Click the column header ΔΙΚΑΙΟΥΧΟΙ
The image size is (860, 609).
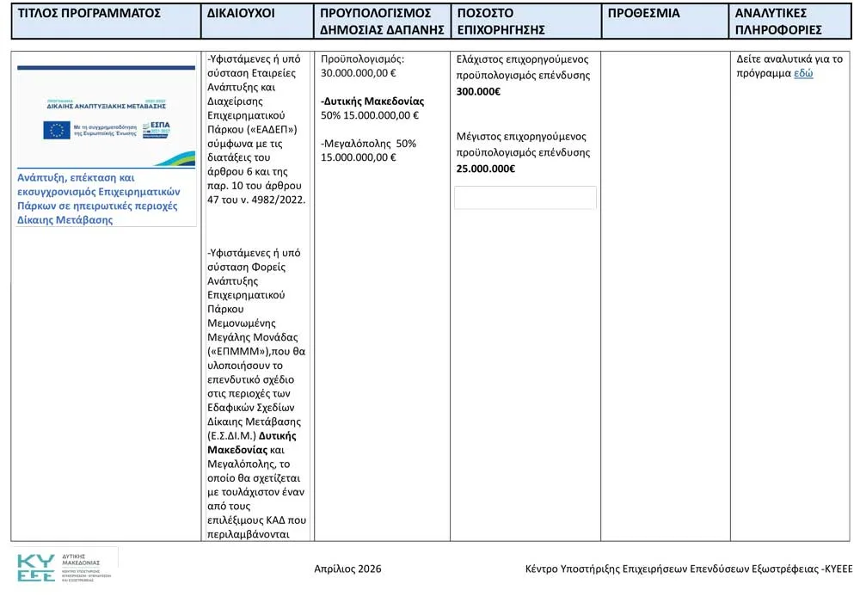[241, 14]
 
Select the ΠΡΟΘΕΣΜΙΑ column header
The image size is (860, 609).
[643, 14]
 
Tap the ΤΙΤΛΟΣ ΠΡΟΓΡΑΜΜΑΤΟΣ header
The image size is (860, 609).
[89, 14]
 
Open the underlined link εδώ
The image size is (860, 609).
[803, 73]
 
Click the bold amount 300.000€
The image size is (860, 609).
[478, 91]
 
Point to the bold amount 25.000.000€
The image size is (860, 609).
[485, 169]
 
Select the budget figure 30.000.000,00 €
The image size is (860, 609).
[358, 73]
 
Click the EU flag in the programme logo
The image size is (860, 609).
[57, 130]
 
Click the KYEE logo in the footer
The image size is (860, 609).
[36, 568]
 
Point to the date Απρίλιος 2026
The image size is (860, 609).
[347, 569]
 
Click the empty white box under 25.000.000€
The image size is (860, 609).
[525, 197]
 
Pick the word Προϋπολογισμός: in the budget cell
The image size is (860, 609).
[361, 59]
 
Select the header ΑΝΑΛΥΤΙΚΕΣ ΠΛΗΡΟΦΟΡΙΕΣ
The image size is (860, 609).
[778, 22]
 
